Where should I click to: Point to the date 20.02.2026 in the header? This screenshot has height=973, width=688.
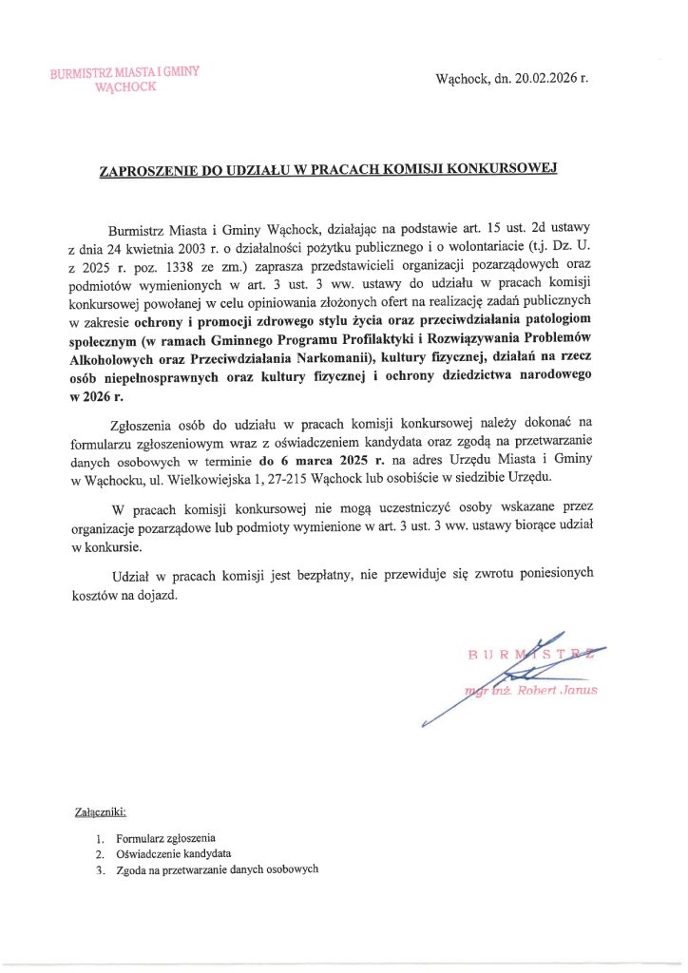click(546, 77)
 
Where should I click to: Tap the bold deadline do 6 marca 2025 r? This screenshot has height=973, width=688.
click(322, 460)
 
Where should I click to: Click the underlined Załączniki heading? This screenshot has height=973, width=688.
click(100, 812)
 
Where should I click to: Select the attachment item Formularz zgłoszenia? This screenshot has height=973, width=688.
click(165, 839)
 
